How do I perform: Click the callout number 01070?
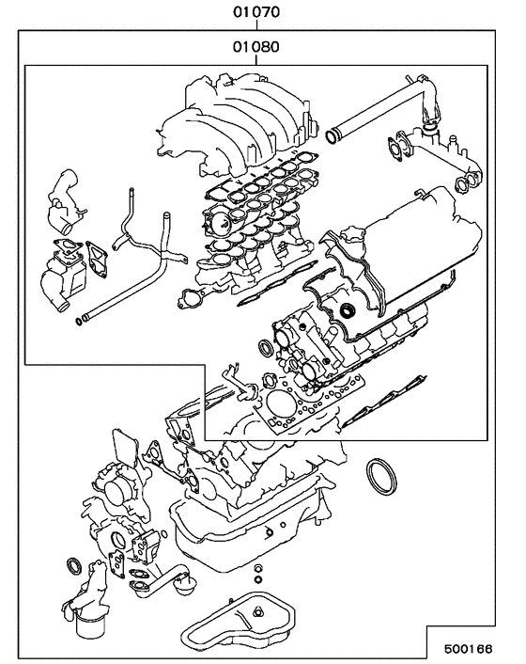point(255,13)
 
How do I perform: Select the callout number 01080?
point(255,45)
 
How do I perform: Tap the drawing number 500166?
point(480,648)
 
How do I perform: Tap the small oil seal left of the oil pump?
point(72,565)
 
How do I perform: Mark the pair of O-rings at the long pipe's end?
point(82,322)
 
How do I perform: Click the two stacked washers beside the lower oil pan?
point(256,575)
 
